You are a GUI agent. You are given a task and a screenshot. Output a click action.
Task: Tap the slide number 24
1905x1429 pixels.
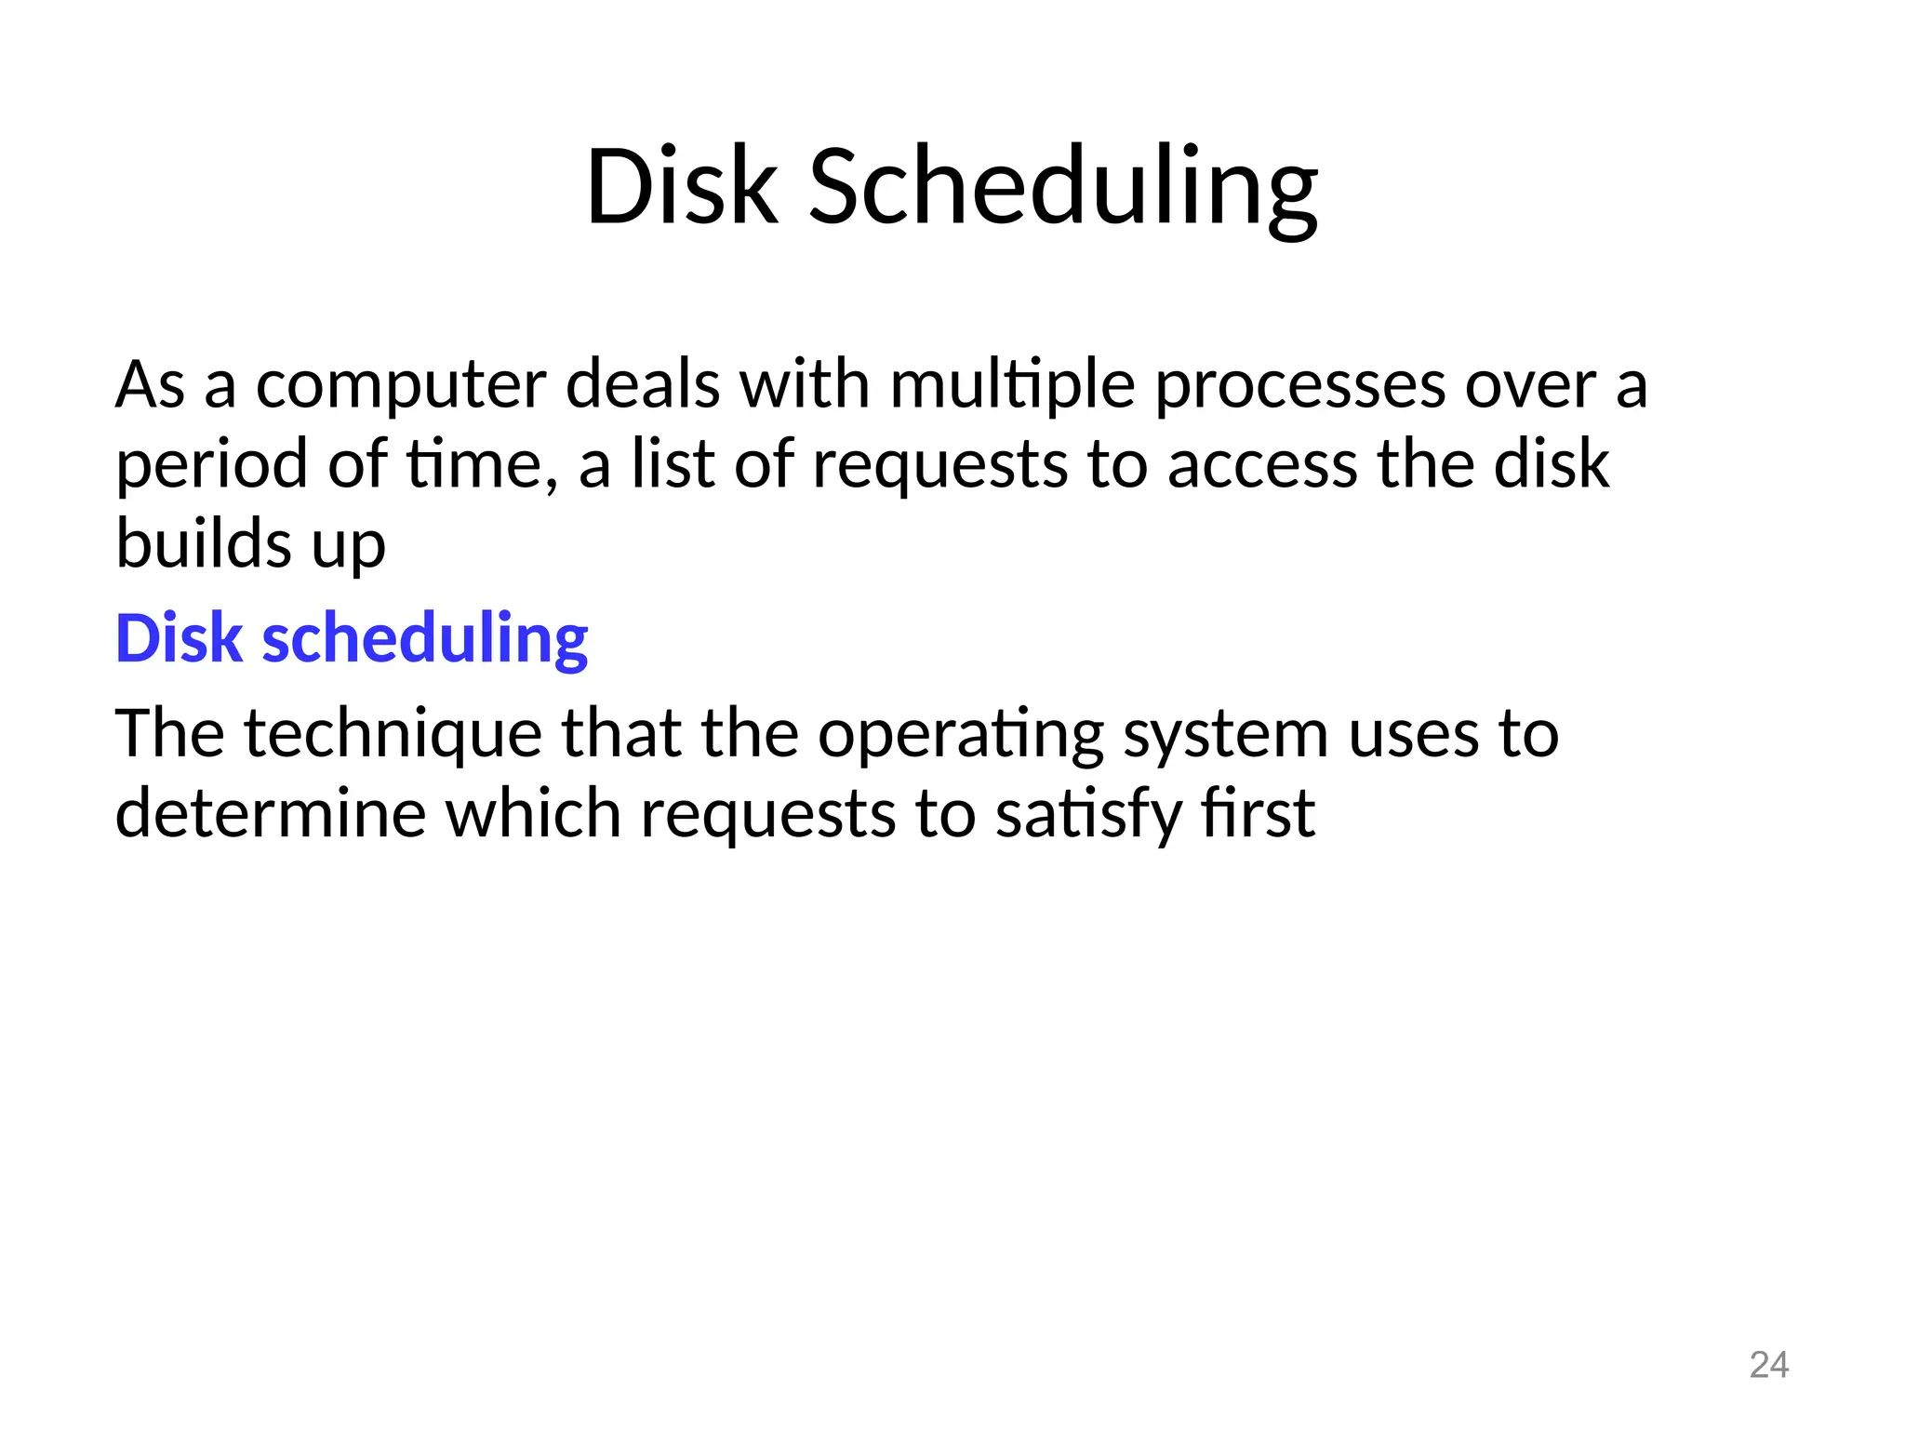coord(1768,1365)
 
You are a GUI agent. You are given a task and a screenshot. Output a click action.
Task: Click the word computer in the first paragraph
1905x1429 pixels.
coord(400,386)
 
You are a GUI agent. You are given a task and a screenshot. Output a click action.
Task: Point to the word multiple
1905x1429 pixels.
coord(1012,386)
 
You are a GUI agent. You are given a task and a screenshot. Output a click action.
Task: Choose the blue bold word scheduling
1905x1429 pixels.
coord(425,640)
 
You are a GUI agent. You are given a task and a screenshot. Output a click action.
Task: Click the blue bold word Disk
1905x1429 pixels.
coord(179,640)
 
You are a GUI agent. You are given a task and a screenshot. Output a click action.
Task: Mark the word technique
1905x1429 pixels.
coord(393,735)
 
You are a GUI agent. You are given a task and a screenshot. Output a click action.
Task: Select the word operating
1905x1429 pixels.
coord(961,735)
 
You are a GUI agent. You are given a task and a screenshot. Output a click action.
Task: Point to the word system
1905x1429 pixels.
coord(1225,735)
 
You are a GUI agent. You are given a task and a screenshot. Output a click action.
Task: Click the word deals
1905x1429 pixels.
coord(643,386)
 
